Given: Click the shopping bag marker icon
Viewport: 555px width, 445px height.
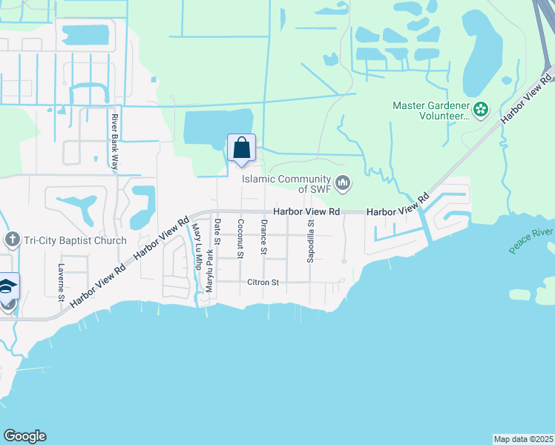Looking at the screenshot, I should click(241, 148).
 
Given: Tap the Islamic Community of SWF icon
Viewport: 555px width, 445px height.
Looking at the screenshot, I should click(343, 182).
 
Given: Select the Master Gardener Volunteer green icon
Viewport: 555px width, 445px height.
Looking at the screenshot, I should click(481, 110).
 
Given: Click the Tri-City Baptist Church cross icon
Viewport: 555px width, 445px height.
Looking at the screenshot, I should click(11, 240).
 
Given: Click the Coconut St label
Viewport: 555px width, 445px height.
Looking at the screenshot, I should click(240, 238).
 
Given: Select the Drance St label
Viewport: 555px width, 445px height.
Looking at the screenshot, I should click(263, 237).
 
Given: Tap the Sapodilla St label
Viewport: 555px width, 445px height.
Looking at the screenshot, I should click(312, 240).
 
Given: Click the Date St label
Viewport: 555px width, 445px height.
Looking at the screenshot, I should click(217, 231).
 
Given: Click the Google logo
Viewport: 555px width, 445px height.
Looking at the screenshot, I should click(24, 436).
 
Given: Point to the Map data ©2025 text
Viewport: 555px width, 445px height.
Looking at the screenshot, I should click(522, 439).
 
